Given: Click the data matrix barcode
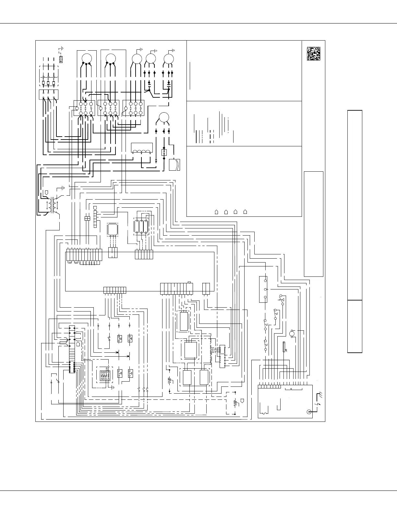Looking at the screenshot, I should (314, 54).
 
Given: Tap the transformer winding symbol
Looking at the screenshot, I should (52, 205).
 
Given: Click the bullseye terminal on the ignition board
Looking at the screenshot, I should (308, 412).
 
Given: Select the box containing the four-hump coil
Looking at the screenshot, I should (142, 148).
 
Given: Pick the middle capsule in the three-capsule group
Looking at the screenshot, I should (141, 227).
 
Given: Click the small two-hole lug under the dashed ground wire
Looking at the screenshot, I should (61, 59).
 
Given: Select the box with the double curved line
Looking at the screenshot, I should (174, 165).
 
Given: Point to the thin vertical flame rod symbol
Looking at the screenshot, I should (284, 347).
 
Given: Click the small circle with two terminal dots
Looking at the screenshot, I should (291, 333).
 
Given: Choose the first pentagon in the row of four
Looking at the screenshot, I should (216, 212).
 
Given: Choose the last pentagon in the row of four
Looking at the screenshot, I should (245, 212).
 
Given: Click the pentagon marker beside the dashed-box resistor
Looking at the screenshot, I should (242, 400).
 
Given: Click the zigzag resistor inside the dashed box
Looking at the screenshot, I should (235, 403).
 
